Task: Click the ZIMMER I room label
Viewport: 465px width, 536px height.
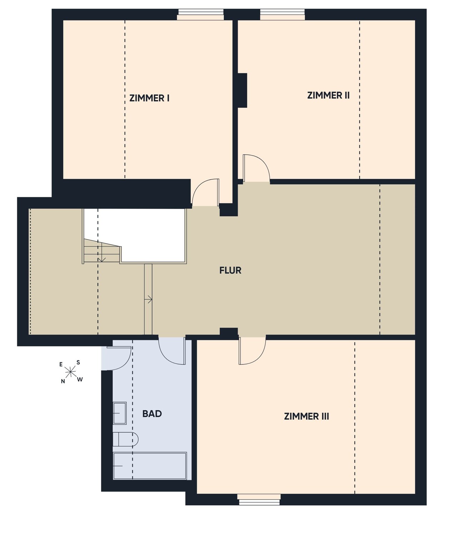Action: [x=149, y=98]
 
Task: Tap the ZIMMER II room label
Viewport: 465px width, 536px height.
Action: [x=328, y=95]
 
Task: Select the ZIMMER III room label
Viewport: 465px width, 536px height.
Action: [x=306, y=416]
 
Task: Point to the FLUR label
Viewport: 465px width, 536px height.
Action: [x=230, y=271]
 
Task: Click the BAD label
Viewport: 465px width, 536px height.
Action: [x=152, y=414]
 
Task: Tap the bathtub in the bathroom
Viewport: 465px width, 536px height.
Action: [x=150, y=466]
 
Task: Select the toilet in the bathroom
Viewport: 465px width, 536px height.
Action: [x=125, y=439]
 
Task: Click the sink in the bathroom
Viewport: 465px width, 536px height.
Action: [x=120, y=413]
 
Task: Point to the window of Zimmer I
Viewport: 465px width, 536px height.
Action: [x=201, y=15]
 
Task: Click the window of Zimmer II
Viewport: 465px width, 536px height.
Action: [x=282, y=15]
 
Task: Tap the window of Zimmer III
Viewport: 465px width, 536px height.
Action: [x=259, y=499]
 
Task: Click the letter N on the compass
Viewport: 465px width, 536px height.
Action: [x=63, y=381]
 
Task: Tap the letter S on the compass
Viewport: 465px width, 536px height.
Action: [x=78, y=363]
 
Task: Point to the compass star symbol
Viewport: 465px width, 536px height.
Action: [x=70, y=372]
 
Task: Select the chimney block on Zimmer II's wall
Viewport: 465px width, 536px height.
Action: [x=242, y=90]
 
